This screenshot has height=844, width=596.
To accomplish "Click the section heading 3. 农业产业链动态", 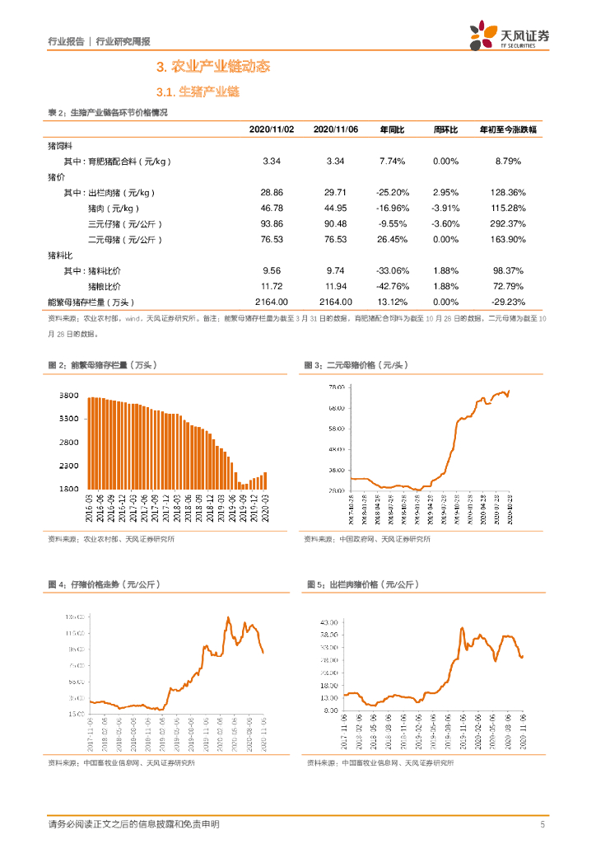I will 213,67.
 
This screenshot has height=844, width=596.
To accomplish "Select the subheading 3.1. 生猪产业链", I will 197,92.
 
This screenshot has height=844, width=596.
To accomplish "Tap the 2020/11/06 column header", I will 335,130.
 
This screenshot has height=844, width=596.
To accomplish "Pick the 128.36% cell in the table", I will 510,192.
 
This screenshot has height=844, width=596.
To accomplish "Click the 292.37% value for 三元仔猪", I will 510,223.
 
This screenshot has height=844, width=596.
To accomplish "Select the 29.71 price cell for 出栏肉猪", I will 335,192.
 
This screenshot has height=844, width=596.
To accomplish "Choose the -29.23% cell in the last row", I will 510,302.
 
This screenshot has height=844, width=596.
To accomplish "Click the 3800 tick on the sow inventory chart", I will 69,396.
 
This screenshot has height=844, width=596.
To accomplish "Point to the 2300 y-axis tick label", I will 69,467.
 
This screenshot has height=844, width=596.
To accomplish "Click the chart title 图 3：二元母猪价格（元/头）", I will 356,364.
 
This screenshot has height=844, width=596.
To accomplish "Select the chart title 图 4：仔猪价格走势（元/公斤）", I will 104,584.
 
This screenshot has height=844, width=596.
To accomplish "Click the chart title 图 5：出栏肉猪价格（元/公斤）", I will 363,584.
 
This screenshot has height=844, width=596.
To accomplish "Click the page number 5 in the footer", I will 542,824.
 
